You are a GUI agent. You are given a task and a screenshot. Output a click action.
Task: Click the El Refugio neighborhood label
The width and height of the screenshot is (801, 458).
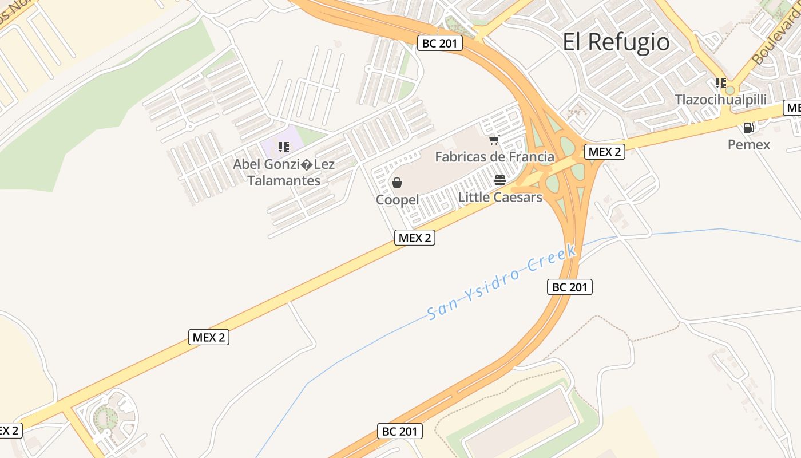[x=616, y=42]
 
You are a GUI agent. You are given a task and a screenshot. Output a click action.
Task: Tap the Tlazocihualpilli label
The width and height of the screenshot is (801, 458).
[x=720, y=100]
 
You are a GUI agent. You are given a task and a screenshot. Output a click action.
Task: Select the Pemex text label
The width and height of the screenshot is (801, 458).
[x=748, y=144]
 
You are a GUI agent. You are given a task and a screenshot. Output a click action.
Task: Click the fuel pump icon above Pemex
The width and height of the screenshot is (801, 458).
[x=748, y=127]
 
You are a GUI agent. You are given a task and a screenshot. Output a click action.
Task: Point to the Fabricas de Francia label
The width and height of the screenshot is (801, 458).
[x=494, y=157]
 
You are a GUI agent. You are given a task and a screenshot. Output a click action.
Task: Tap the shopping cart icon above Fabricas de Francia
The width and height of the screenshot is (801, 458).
[x=494, y=140]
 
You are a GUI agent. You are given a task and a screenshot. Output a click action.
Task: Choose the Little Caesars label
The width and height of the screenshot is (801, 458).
[x=500, y=198]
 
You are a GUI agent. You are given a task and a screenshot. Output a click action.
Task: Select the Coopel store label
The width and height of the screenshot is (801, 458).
[x=397, y=200]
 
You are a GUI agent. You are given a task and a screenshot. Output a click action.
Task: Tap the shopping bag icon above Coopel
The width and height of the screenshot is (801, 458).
[x=397, y=183]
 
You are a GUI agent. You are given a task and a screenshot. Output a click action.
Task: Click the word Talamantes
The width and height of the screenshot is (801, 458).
[x=284, y=181]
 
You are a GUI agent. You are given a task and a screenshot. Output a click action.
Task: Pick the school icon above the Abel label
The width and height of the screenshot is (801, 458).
[x=284, y=148]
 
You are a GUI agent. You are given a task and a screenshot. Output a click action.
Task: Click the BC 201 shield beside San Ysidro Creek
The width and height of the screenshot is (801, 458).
[x=569, y=287]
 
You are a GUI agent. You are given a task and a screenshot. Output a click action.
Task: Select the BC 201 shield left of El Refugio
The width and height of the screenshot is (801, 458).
[x=439, y=43]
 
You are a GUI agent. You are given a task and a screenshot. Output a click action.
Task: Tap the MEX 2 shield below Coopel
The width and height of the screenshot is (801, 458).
[x=415, y=238]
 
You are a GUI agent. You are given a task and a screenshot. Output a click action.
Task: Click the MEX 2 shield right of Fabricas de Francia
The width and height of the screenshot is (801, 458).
[x=604, y=152]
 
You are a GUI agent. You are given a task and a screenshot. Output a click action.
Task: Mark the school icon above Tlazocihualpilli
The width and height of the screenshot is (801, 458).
[x=721, y=83]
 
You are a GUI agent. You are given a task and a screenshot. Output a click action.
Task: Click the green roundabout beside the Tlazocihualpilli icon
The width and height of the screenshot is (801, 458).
[x=729, y=90]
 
